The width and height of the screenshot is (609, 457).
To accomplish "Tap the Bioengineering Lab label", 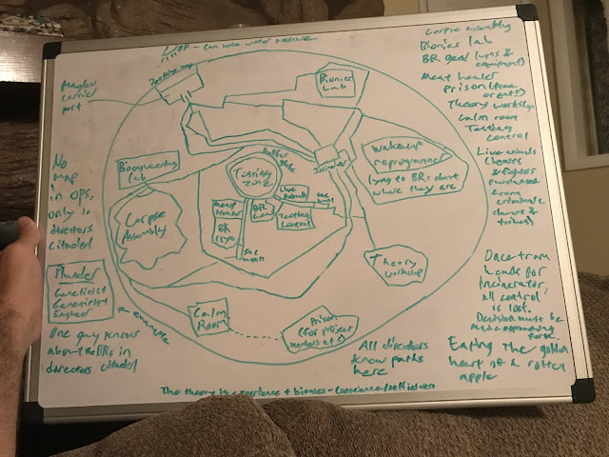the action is click(145, 172).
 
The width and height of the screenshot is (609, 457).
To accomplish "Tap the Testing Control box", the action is click(299, 221).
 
